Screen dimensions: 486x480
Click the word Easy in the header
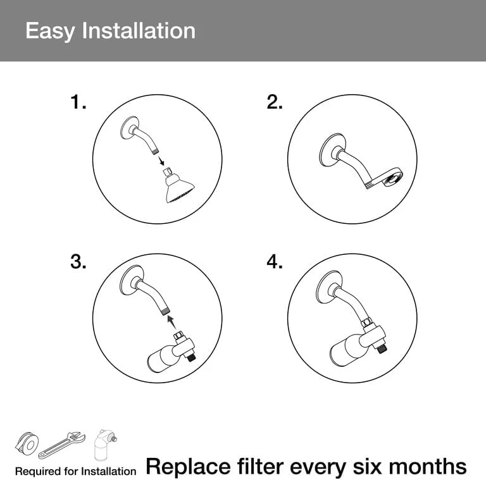50,31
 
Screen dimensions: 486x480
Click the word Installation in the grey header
139,30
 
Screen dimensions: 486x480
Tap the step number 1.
78,102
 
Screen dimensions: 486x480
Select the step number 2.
274,102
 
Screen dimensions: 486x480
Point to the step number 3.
78,262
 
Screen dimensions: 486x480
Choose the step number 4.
274,262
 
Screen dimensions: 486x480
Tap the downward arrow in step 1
161,161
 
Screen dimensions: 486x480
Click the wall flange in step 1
128,128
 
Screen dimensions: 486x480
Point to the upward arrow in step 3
171,323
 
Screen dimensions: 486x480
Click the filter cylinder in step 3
161,359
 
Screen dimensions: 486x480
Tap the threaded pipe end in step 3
166,311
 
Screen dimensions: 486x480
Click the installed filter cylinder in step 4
345,350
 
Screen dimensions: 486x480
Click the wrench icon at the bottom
61,445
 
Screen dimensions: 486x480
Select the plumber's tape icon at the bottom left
27,443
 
